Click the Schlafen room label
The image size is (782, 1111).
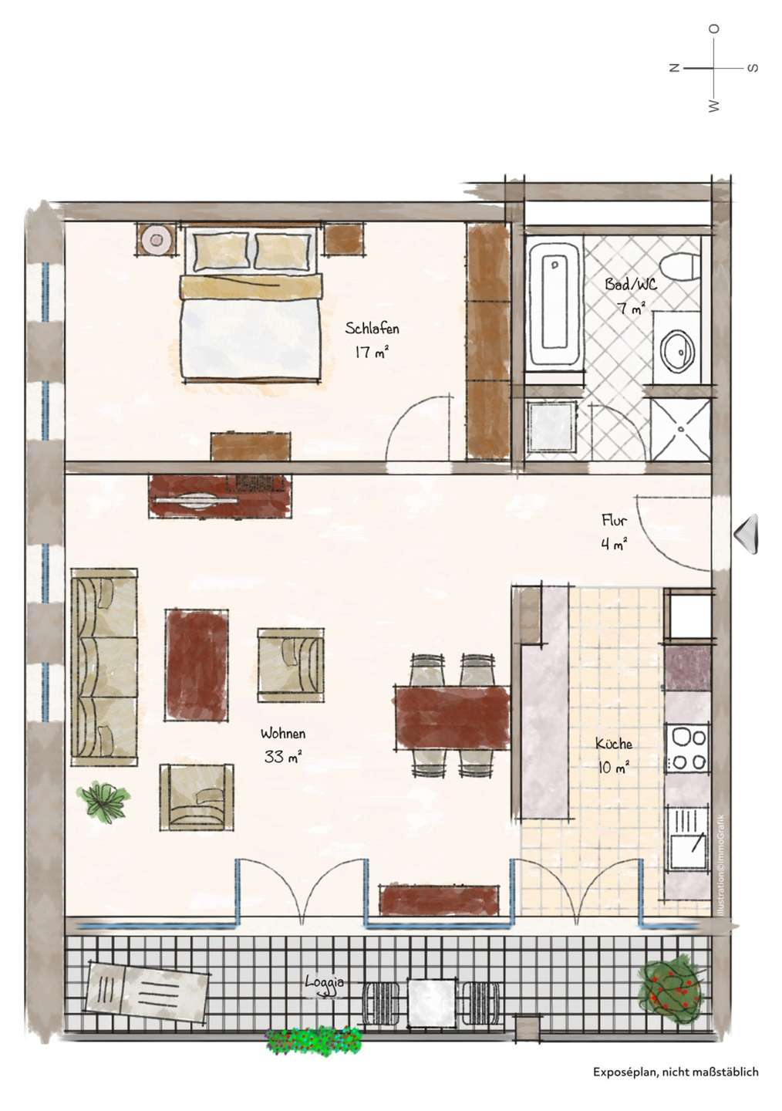click(372, 329)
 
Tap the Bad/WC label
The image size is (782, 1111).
click(631, 284)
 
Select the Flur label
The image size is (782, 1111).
click(615, 520)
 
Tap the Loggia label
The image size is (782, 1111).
click(325, 982)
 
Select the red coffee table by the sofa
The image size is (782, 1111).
click(197, 665)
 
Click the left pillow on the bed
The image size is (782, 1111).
click(221, 252)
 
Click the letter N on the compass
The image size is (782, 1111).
click(674, 68)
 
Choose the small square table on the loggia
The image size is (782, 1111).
click(431, 994)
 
